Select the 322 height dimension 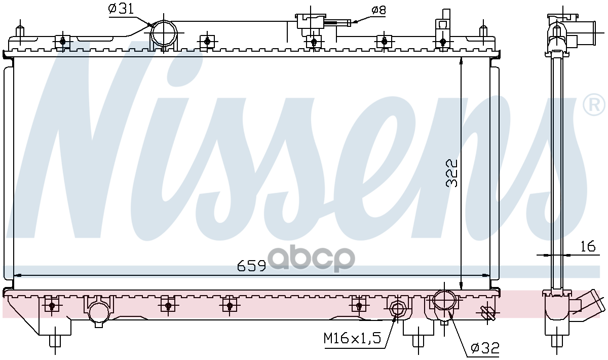(x=451, y=173)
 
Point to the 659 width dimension (x=252, y=266)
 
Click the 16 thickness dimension (x=587, y=247)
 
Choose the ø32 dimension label (x=485, y=348)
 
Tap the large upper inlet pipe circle (x=164, y=33)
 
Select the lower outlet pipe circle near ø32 (x=444, y=301)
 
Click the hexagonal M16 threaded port (x=397, y=308)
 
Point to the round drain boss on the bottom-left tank (x=98, y=313)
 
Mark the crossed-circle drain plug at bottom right (x=487, y=313)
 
